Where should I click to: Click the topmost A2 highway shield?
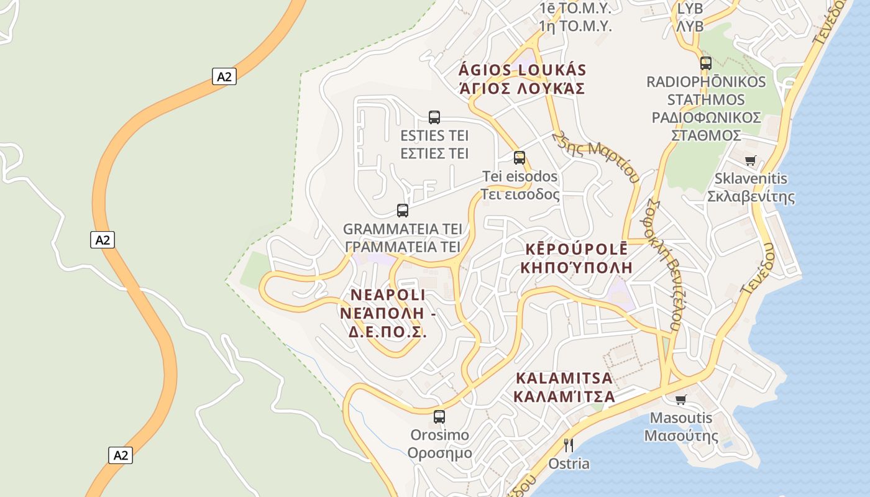[x=224, y=76]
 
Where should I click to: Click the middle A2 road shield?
[x=103, y=240]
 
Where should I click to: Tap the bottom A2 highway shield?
[x=121, y=455]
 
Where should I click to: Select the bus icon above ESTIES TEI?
[x=434, y=117]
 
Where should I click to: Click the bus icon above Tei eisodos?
[x=520, y=158]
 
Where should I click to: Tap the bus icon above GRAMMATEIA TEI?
[x=403, y=211]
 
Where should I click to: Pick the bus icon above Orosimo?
[x=439, y=417]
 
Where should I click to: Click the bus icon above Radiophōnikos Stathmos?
[x=706, y=63]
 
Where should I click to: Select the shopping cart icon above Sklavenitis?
[x=751, y=160]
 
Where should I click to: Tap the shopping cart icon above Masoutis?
[x=681, y=399]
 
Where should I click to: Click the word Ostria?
[x=569, y=464]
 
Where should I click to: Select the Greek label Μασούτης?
[x=681, y=435]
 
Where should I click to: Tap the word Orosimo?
[x=439, y=435]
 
